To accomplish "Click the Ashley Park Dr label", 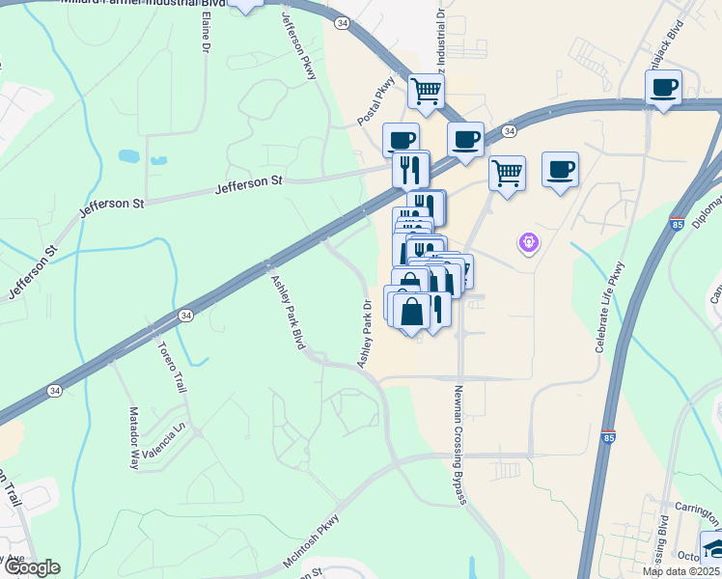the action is pyautogui.click(x=365, y=333).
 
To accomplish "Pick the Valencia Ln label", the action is pyautogui.click(x=163, y=439).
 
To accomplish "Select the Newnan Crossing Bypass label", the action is pyautogui.click(x=460, y=443).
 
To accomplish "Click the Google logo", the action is pyautogui.click(x=31, y=567).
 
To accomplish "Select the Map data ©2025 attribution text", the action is pyautogui.click(x=680, y=571).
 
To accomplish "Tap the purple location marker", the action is pyautogui.click(x=528, y=244).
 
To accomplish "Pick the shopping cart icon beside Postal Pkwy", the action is pyautogui.click(x=426, y=92).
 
